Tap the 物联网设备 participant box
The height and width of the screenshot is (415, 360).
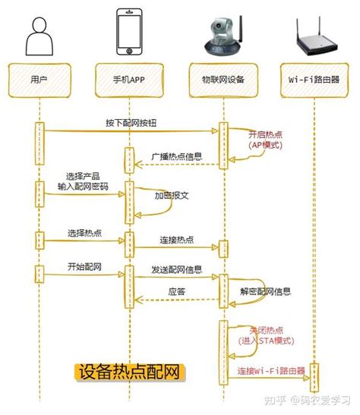[x=223, y=77]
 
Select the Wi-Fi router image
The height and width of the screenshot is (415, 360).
[x=314, y=42]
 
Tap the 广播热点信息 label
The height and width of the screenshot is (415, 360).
[x=177, y=157]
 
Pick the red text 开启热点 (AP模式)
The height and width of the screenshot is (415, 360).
[x=264, y=139]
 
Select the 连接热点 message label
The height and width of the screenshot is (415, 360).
[x=176, y=239]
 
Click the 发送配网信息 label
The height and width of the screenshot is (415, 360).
[x=176, y=269]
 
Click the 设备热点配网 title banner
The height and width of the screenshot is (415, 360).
[x=131, y=373]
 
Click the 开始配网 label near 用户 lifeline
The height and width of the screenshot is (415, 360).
[x=63, y=266]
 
